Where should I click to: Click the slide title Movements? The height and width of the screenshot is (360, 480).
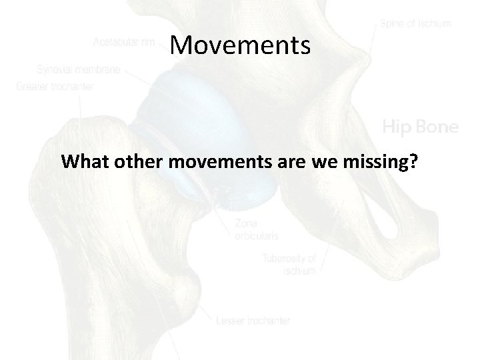click(240, 45)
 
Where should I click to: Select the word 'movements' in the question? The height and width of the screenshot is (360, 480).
click(215, 161)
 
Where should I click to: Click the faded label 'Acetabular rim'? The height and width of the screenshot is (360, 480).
click(125, 43)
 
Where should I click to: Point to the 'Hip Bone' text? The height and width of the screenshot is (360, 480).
click(420, 127)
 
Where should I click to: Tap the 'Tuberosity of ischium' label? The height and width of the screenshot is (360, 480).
click(289, 264)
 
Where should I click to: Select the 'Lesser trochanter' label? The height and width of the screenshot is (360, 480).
click(253, 321)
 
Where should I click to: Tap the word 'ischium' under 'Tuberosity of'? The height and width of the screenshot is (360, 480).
click(299, 271)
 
